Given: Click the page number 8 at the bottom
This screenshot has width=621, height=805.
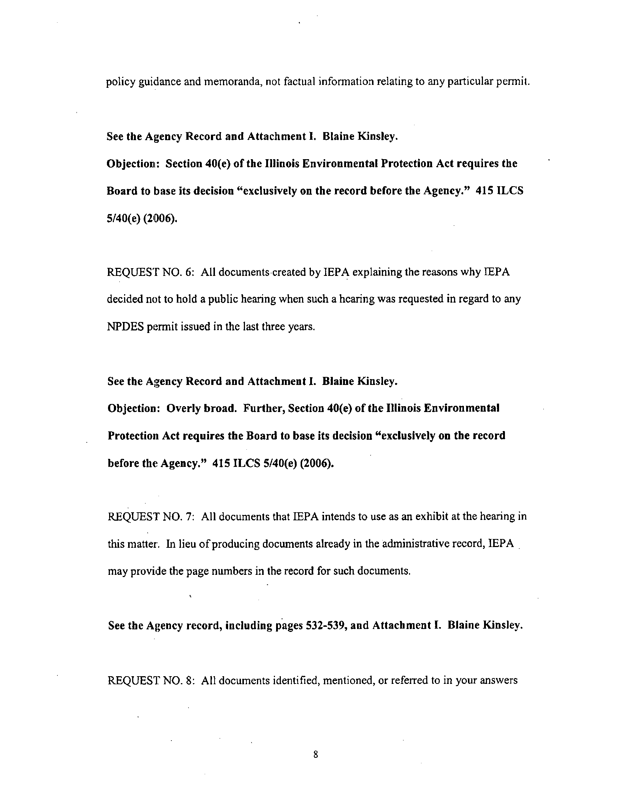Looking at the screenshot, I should [x=315, y=755].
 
